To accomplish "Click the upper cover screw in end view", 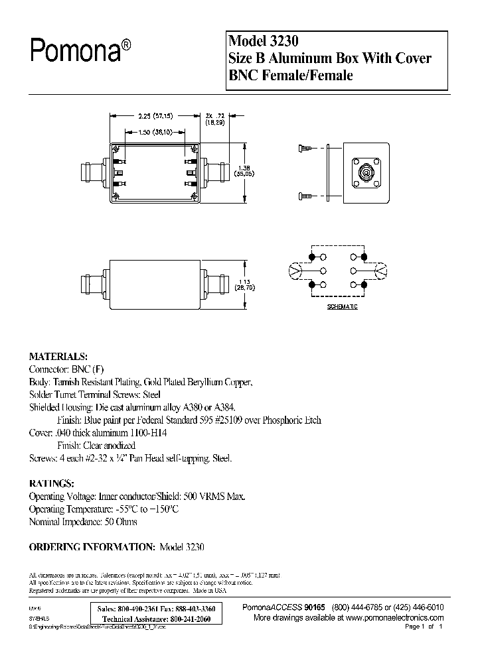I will tap(306, 149).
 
